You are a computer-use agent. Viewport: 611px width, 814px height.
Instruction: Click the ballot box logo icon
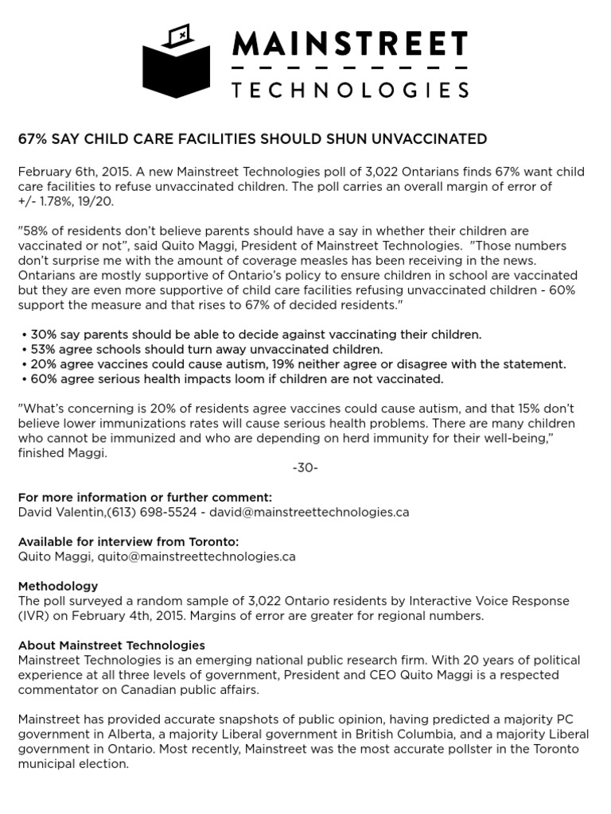(177, 61)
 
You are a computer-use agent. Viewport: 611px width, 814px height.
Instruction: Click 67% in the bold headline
(32, 139)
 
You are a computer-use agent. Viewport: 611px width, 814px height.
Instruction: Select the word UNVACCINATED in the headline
(433, 139)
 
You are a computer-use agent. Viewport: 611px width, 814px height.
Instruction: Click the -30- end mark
(305, 467)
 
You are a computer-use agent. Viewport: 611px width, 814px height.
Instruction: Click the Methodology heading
(58, 586)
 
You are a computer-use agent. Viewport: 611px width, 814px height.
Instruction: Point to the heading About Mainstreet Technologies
(111, 645)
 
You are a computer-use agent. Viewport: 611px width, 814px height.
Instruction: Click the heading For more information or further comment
(145, 497)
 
